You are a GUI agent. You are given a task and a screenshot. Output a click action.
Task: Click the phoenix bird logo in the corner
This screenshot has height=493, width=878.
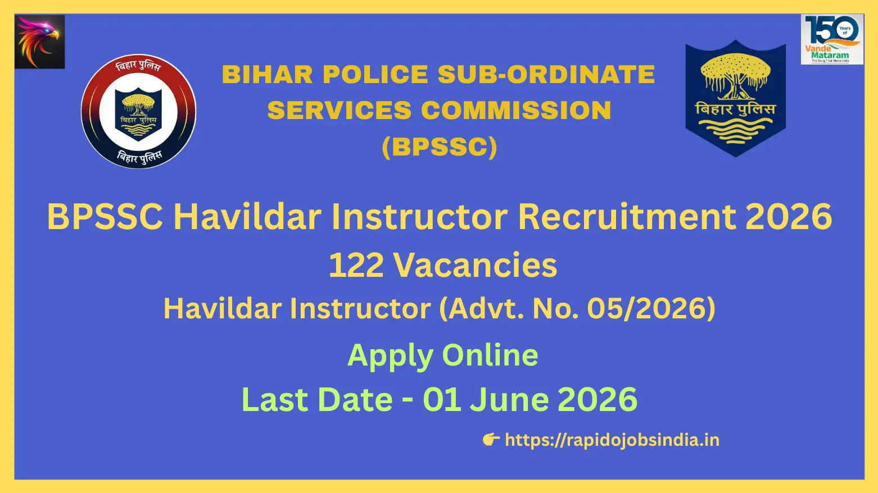[39, 42]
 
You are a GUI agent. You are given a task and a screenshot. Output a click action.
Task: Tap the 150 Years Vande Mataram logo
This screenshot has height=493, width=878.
[832, 39]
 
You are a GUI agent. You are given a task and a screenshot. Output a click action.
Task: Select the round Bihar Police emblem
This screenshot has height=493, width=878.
[138, 112]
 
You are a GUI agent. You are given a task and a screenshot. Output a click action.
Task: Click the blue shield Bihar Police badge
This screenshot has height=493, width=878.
[735, 98]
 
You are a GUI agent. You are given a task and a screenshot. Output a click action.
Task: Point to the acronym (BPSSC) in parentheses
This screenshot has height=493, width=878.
[440, 147]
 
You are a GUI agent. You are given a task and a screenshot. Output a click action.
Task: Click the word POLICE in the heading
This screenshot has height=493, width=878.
[375, 75]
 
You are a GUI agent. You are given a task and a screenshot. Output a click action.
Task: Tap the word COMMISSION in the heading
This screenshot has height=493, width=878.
[516, 110]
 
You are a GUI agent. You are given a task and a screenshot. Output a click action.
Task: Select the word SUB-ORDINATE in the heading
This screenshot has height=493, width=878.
[546, 75]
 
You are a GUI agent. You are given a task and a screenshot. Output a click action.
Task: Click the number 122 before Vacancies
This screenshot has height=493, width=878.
[356, 266]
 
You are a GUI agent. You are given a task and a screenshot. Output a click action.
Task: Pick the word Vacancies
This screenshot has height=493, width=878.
[475, 266]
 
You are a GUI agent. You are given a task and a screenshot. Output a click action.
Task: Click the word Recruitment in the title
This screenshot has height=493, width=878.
[627, 217]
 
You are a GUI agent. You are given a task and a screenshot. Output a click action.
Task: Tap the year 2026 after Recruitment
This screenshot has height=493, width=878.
[789, 217]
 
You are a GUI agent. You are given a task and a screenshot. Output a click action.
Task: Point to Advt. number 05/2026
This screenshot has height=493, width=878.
[648, 309]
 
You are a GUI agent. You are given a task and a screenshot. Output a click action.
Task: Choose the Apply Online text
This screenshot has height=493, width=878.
[442, 355]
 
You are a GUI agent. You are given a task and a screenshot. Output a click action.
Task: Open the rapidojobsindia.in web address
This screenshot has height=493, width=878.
[612, 440]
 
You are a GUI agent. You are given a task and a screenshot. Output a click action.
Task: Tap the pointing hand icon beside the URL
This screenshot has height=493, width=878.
[491, 440]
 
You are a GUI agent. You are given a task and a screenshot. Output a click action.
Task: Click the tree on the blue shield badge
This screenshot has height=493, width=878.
[735, 76]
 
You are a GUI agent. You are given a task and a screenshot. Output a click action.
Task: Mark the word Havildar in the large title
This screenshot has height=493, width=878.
[247, 217]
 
